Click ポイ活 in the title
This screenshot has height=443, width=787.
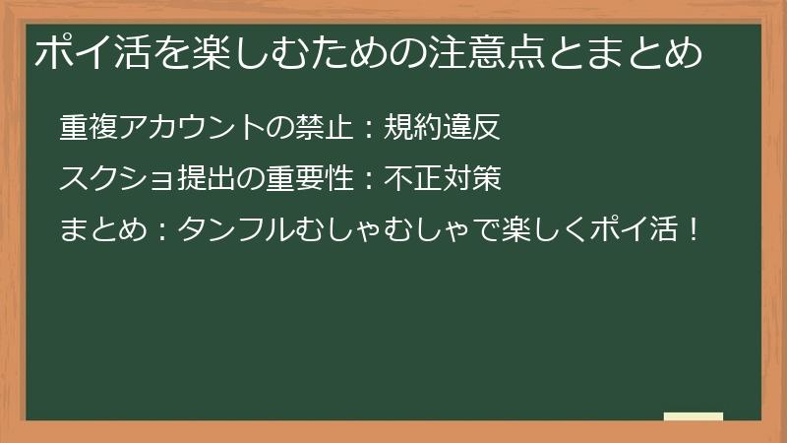click(87, 52)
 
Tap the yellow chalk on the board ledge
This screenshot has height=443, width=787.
click(694, 416)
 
